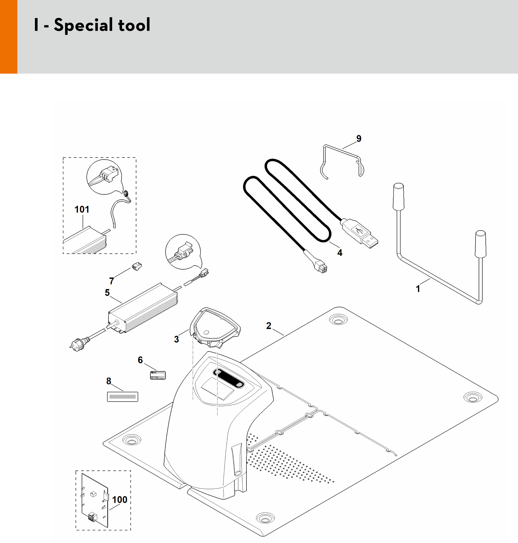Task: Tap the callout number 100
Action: pyautogui.click(x=120, y=500)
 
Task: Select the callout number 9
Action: pyautogui.click(x=359, y=138)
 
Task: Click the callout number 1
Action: pyautogui.click(x=418, y=289)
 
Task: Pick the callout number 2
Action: pyautogui.click(x=269, y=326)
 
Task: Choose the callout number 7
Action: pyautogui.click(x=111, y=281)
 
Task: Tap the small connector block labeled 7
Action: pyautogui.click(x=137, y=266)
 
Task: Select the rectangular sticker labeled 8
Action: pyautogui.click(x=122, y=397)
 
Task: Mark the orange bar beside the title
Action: pyautogui.click(x=8, y=37)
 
